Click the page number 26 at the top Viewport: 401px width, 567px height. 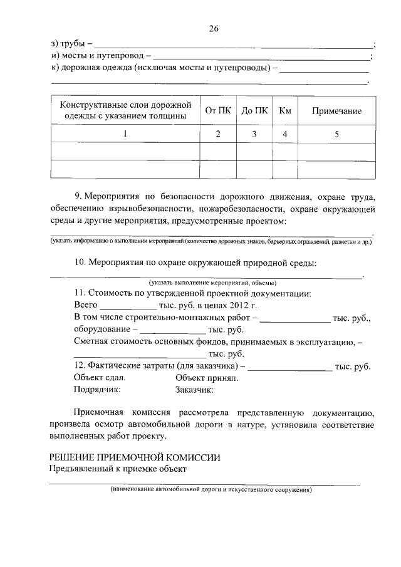pos(213,28)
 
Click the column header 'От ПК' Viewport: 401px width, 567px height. pos(218,111)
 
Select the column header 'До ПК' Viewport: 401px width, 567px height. pos(254,111)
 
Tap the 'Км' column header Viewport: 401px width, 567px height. pos(285,111)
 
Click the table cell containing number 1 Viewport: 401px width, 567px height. pos(125,133)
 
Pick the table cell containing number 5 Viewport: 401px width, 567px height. pos(336,133)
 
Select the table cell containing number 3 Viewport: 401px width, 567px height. pos(254,133)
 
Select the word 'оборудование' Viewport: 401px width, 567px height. pos(102,330)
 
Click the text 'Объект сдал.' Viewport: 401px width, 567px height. pos(99,378)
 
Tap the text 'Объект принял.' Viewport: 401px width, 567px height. pos(206,378)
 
